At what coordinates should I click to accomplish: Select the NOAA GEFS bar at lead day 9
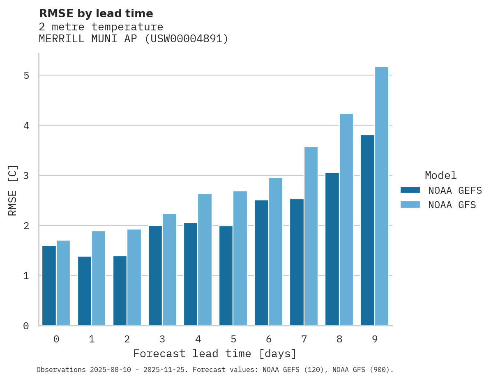click(x=368, y=230)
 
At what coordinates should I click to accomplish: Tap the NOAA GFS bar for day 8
click(x=346, y=220)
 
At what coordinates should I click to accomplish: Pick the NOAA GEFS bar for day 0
click(x=49, y=286)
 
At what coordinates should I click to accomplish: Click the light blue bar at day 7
click(x=311, y=236)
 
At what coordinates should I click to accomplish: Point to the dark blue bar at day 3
click(x=155, y=275)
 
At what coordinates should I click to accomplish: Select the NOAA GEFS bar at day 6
click(x=261, y=263)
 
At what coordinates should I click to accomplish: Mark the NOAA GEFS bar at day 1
click(x=85, y=291)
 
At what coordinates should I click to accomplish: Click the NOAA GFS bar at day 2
click(x=134, y=278)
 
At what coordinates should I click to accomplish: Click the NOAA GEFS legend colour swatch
click(x=410, y=190)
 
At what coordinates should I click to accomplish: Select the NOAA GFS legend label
click(x=452, y=205)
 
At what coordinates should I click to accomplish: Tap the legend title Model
click(x=441, y=175)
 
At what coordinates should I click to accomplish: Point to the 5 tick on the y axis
click(x=26, y=76)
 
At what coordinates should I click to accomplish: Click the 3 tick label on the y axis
click(x=26, y=176)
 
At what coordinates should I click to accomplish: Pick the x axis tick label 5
click(x=233, y=340)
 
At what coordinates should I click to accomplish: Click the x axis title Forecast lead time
click(x=215, y=353)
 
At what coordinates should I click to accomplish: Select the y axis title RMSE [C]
click(x=13, y=190)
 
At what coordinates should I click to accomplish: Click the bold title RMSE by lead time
click(x=96, y=14)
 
